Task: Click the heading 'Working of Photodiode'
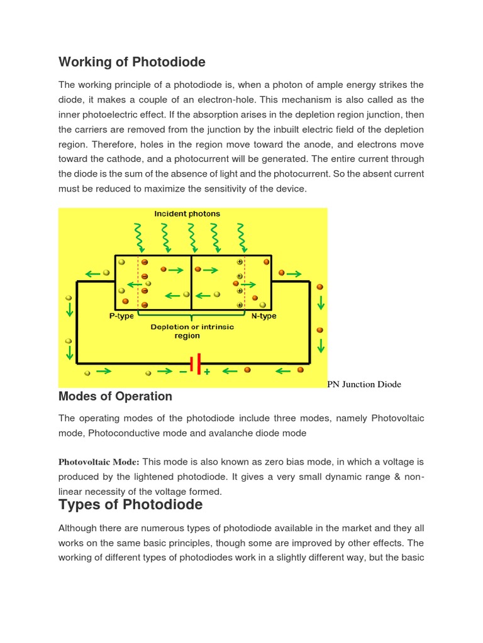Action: pos(132,62)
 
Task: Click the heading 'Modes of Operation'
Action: pos(115,396)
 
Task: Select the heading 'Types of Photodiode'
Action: pos(130,504)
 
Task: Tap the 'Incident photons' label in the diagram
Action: pos(187,214)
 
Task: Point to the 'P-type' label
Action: pos(121,316)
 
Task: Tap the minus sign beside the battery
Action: pos(183,372)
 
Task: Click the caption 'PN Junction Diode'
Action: pos(364,384)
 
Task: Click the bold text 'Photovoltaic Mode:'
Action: pos(99,462)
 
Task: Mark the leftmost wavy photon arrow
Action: pos(140,237)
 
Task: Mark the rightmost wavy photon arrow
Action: pos(240,237)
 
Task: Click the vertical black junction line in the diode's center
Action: pos(191,283)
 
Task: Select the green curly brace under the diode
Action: pos(191,315)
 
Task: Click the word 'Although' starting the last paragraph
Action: pos(77,528)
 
